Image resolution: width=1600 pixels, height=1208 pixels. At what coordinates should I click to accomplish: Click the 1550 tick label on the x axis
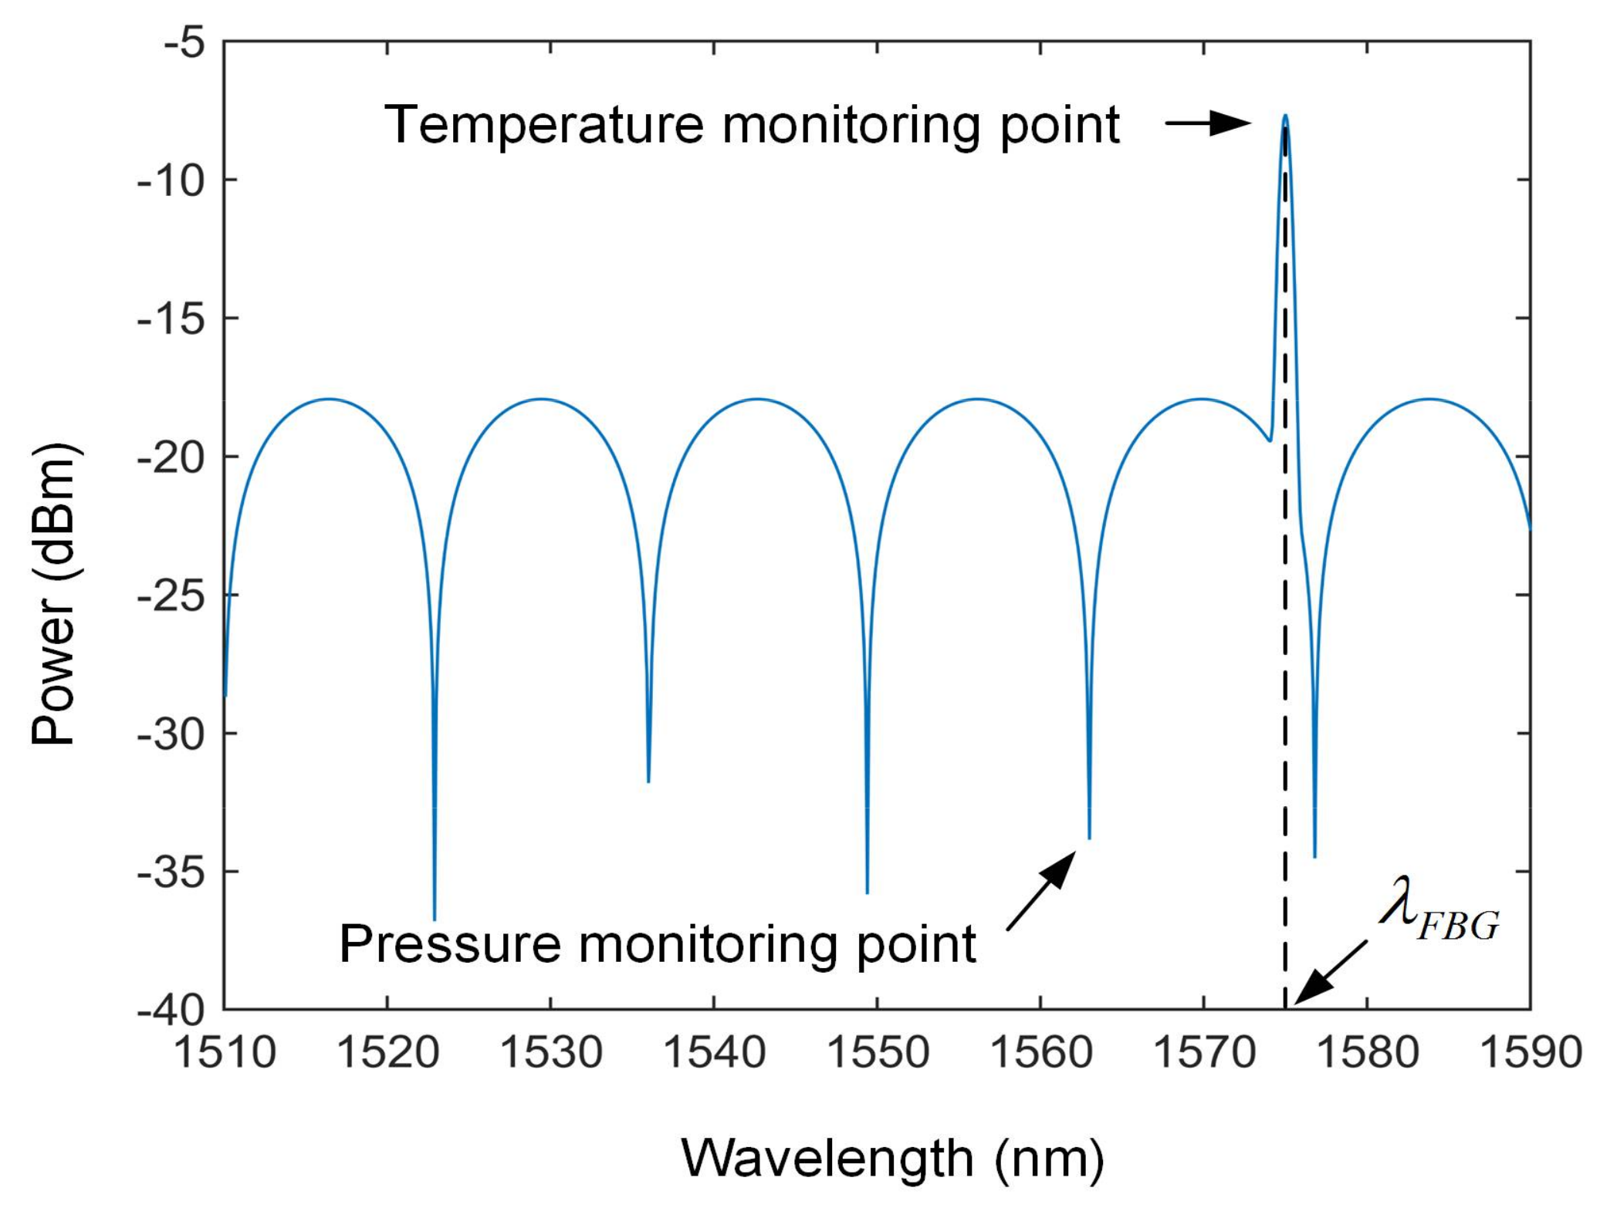click(878, 1052)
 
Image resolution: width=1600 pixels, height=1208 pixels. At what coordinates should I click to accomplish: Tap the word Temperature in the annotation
click(543, 125)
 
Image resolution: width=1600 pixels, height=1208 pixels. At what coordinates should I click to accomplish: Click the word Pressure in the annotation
click(449, 943)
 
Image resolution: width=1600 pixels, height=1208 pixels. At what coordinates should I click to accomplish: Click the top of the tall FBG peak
click(1285, 116)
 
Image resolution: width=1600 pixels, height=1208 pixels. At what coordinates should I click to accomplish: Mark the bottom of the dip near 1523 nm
click(435, 917)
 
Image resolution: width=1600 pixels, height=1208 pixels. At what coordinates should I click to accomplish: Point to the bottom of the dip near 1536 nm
click(648, 781)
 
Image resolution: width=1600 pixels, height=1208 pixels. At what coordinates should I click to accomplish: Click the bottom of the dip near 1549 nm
click(868, 892)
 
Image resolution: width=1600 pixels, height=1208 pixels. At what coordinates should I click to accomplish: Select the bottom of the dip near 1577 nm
click(1314, 855)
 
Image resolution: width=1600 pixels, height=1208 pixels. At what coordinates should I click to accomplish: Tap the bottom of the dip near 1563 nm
click(1089, 837)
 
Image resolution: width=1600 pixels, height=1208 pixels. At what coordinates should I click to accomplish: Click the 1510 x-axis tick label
click(225, 1052)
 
